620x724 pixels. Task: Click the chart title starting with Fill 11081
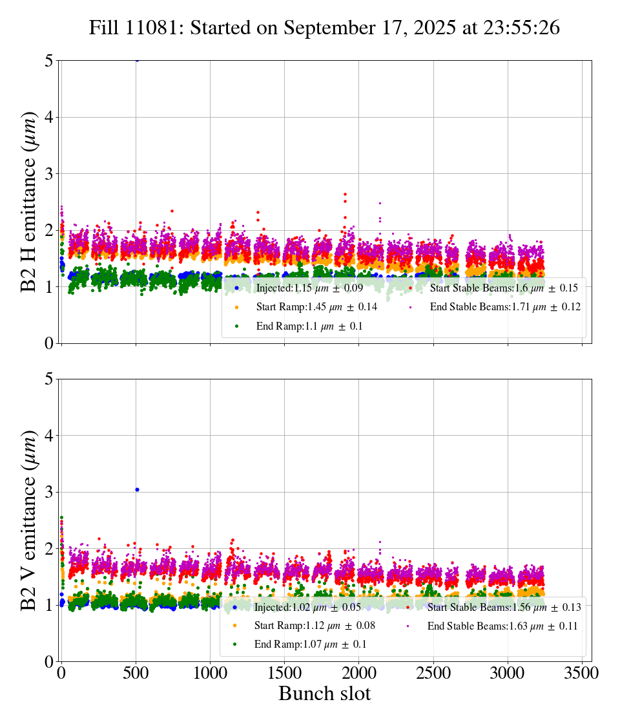pyautogui.click(x=324, y=28)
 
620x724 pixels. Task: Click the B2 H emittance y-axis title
pyautogui.click(x=29, y=202)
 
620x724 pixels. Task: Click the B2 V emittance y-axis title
pyautogui.click(x=29, y=520)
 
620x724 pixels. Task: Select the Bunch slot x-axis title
pyautogui.click(x=324, y=694)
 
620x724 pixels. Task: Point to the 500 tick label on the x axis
pyautogui.click(x=136, y=673)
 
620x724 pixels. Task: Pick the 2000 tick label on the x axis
pyautogui.click(x=358, y=673)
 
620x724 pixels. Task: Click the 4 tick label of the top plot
pyautogui.click(x=49, y=117)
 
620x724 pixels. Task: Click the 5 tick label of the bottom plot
pyautogui.click(x=49, y=379)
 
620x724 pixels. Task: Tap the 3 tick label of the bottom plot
pyautogui.click(x=49, y=492)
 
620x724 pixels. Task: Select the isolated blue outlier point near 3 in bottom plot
pyautogui.click(x=137, y=489)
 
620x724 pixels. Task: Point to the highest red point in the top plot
pyautogui.click(x=346, y=194)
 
